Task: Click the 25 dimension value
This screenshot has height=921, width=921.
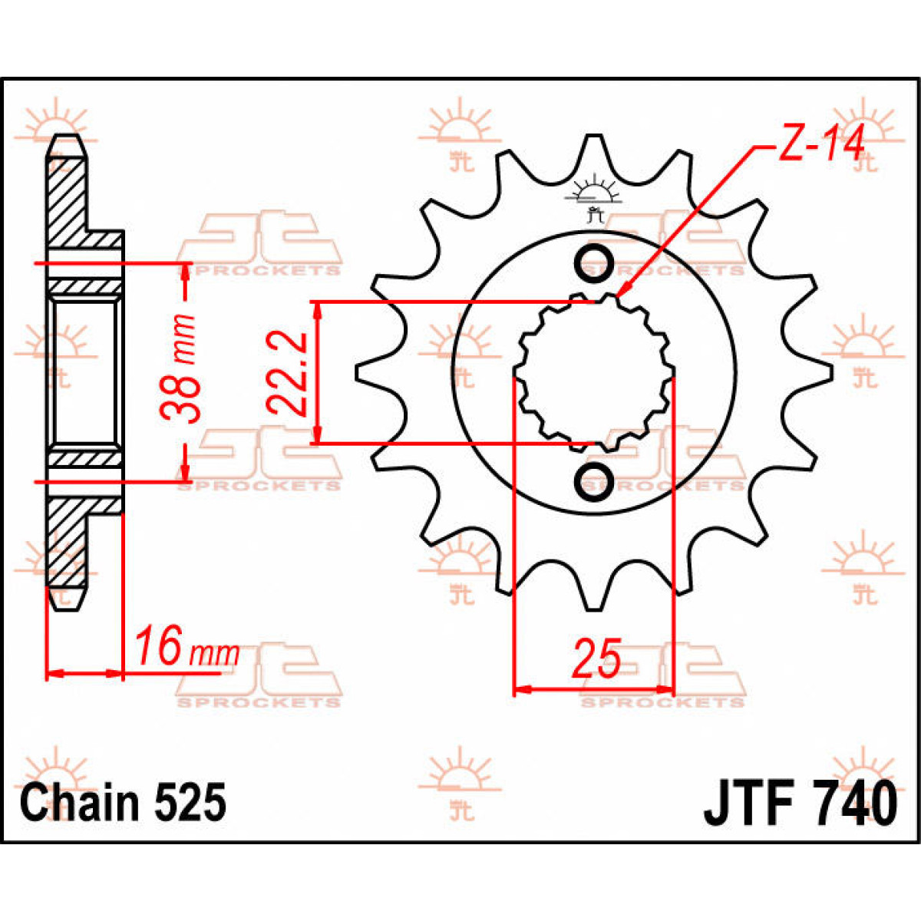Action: click(596, 659)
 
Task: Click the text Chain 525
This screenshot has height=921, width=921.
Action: click(124, 803)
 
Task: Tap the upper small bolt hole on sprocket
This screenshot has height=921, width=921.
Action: click(593, 263)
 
